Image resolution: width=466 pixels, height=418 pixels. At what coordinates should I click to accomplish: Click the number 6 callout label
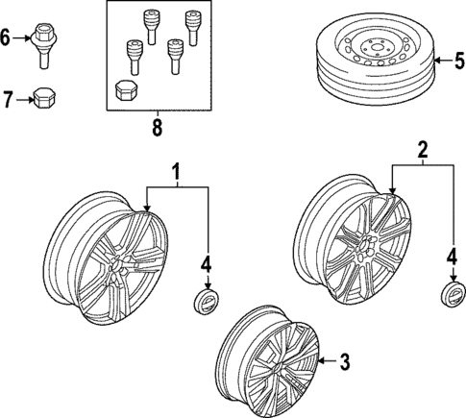pyautogui.click(x=7, y=39)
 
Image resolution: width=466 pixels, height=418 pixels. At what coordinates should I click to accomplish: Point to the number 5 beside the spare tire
pyautogui.click(x=458, y=63)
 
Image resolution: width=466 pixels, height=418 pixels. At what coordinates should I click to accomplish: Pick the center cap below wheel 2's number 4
pyautogui.click(x=452, y=295)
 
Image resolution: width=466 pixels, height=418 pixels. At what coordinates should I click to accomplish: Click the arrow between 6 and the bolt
pyautogui.click(x=22, y=40)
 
